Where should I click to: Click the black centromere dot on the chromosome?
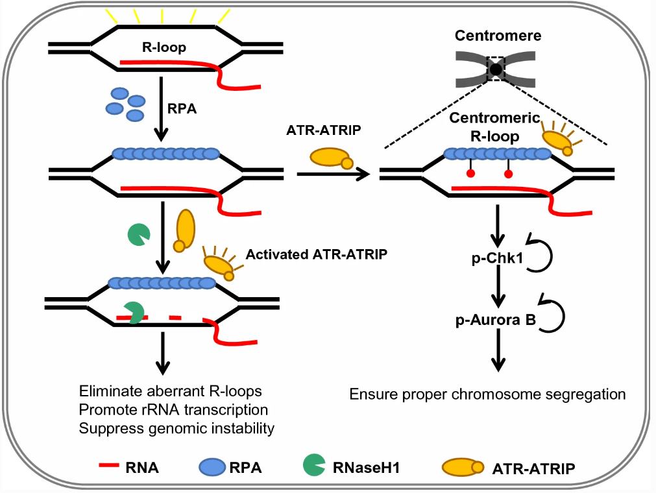point(496,67)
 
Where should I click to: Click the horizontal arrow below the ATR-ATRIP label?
point(332,174)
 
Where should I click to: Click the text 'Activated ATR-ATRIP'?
point(316,254)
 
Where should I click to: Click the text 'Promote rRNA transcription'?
point(173,410)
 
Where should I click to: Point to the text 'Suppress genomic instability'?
point(176,429)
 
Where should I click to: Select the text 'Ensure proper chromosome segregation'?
point(487,394)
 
